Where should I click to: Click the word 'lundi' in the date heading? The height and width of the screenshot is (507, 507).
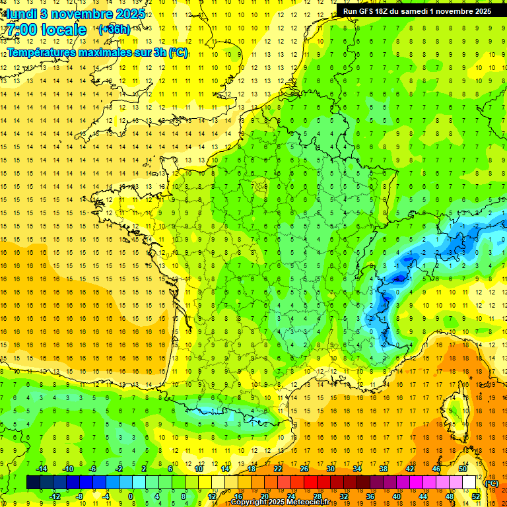click(22, 13)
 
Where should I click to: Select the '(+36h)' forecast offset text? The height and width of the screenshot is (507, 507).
click(114, 30)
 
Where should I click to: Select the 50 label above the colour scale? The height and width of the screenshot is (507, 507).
click(463, 469)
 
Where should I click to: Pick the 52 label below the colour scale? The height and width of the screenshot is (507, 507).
click(475, 496)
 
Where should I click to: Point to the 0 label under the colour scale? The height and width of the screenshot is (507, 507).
click(131, 496)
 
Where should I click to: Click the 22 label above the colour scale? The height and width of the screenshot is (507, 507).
click(278, 469)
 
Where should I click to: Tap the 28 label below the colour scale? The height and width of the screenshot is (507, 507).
click(317, 496)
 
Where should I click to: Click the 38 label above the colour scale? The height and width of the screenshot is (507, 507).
click(384, 469)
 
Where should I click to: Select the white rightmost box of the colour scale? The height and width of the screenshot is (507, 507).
click(469, 483)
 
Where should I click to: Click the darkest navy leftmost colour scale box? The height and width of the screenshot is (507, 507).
click(33, 483)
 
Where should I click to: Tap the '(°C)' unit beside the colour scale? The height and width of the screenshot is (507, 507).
click(491, 483)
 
